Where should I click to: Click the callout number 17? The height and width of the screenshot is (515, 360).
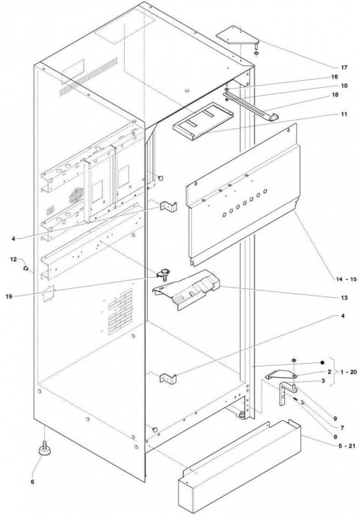click(344, 67)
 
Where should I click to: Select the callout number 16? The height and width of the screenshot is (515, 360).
click(334, 77)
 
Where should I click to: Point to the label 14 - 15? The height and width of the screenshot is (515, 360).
click(346, 279)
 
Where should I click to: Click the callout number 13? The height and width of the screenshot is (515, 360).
click(344, 298)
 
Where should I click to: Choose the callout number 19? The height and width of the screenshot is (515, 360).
click(10, 296)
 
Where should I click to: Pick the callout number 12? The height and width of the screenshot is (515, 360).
click(13, 260)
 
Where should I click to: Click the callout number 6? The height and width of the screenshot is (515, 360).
click(32, 482)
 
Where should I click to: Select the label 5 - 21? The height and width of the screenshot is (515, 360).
click(345, 446)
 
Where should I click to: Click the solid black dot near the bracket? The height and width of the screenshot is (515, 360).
click(322, 362)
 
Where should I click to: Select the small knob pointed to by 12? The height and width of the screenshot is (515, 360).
click(25, 269)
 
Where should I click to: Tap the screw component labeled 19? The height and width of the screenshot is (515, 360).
click(163, 274)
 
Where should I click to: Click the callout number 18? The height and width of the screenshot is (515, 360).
click(334, 95)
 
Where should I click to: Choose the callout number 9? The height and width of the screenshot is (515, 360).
click(335, 418)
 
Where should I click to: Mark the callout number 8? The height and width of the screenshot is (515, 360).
click(335, 437)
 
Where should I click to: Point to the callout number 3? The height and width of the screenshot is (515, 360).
click(323, 381)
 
